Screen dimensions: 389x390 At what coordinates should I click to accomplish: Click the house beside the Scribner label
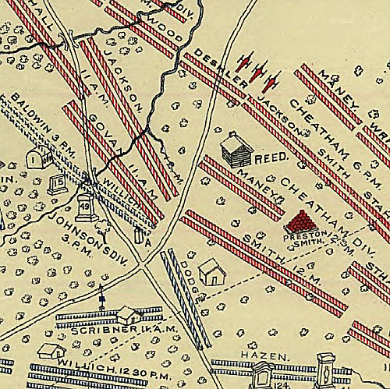click(x=129, y=315)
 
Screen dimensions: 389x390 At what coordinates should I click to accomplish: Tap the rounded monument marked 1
click(x=34, y=158)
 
